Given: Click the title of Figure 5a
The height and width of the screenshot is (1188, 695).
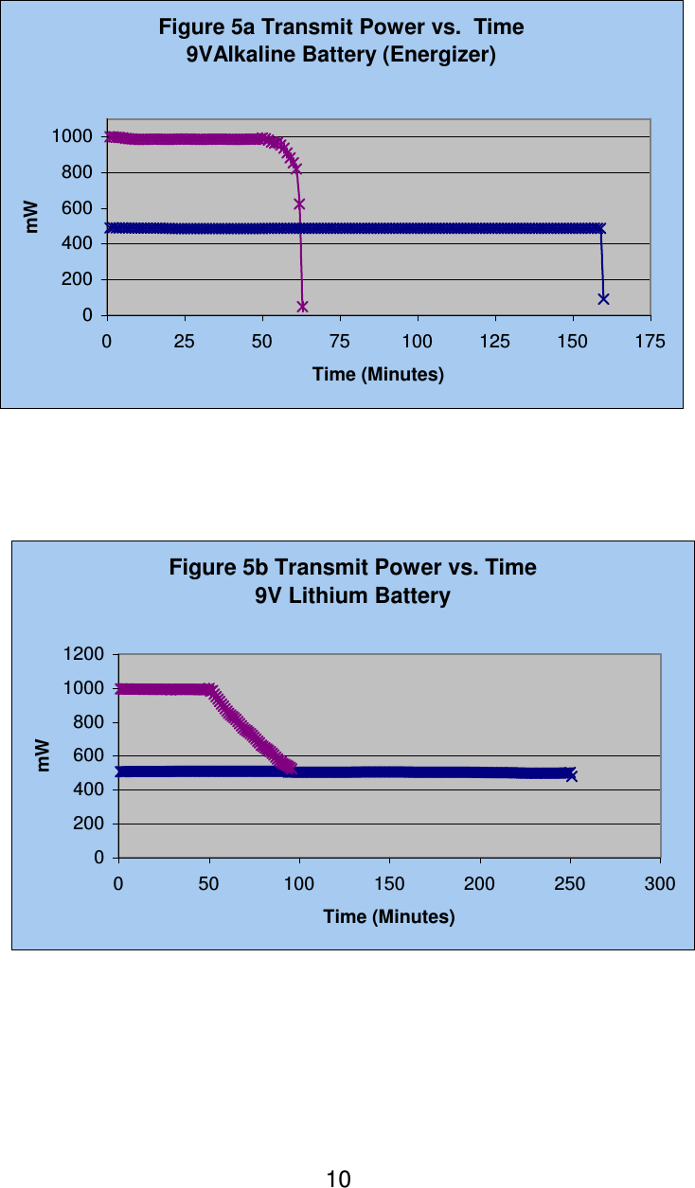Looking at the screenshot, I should [x=341, y=27].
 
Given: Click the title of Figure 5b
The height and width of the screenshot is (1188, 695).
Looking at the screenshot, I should [x=352, y=568].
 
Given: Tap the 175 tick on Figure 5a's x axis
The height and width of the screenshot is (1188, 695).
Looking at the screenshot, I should [x=650, y=341].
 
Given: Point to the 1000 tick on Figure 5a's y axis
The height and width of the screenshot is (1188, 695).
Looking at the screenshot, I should [x=73, y=136].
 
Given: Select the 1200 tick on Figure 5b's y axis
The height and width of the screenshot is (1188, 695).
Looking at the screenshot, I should [x=84, y=654].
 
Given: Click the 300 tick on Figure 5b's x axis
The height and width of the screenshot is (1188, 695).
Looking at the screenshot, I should [x=660, y=884].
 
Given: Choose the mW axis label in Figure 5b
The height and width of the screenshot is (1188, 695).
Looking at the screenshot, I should [x=44, y=754].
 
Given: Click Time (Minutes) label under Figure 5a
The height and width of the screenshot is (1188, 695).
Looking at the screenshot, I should [x=378, y=375].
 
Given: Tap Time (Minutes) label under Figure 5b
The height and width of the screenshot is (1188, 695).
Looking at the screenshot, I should [x=389, y=917].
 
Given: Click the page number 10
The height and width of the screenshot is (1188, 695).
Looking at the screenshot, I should [x=338, y=1179].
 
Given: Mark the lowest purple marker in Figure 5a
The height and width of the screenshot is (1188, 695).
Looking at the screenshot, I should [x=303, y=306].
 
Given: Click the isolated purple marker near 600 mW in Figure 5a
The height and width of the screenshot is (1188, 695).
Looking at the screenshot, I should [x=299, y=204].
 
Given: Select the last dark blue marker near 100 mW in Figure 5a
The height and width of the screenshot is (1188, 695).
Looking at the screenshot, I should [x=603, y=298].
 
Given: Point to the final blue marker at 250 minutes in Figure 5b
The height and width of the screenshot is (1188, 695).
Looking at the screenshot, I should [x=571, y=775].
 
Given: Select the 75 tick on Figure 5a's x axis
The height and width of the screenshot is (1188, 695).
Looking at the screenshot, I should [x=340, y=341].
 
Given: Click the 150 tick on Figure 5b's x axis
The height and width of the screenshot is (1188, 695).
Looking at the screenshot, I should [x=389, y=884].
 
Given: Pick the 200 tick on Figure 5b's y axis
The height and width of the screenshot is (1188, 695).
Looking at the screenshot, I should [x=91, y=824].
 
